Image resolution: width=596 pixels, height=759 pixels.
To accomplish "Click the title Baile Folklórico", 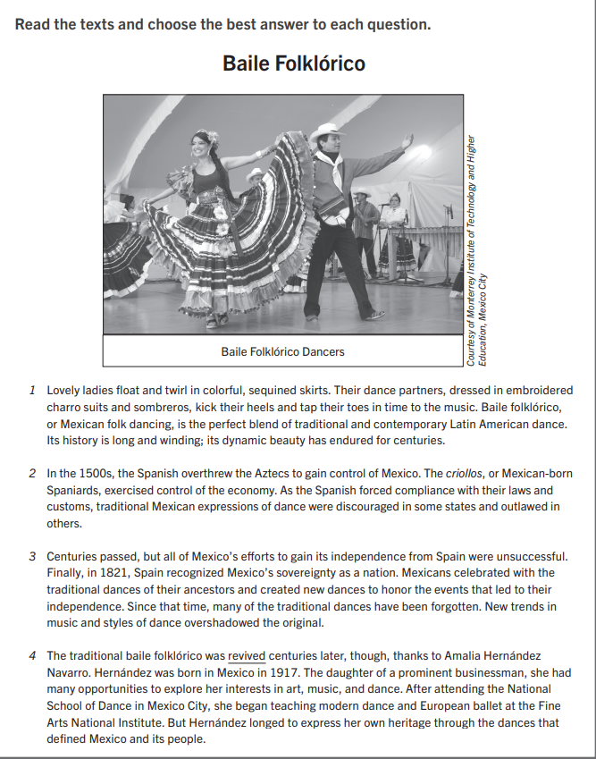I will coord(293,64).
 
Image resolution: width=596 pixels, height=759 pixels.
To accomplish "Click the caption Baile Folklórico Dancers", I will coord(282,351).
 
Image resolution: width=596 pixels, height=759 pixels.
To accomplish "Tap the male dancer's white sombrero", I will coord(326,131).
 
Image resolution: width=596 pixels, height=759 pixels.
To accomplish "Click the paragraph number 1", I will coord(32,391).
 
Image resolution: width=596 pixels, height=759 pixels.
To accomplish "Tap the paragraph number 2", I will coord(32,473).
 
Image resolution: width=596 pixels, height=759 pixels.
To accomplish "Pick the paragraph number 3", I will coord(32,556).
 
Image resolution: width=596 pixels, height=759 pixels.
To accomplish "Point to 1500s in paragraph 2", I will coord(88,473).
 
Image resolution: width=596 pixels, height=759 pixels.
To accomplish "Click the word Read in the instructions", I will coord(32,23).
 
